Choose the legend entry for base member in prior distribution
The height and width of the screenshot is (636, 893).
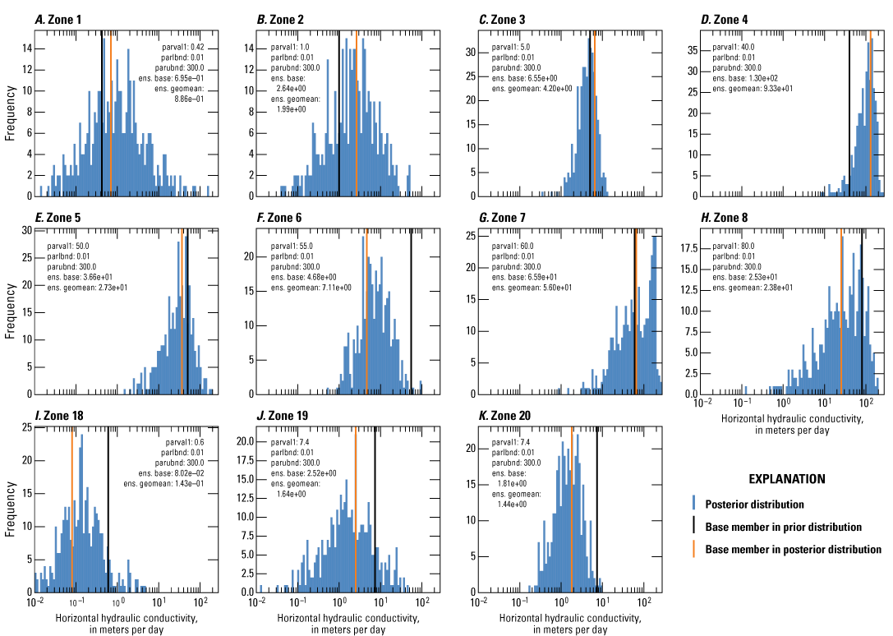coord(784,527)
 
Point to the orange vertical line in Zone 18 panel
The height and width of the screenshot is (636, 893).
coord(72,509)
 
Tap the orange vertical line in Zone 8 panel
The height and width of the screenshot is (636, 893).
coord(842,312)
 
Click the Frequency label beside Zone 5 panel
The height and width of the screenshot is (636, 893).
coord(10,312)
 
